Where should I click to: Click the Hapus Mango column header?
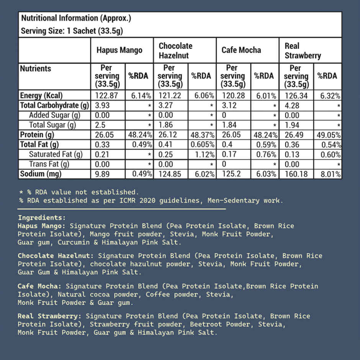click(x=119, y=50)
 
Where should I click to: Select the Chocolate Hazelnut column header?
click(x=175, y=51)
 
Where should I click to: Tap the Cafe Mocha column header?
click(x=241, y=50)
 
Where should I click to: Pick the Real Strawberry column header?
click(x=303, y=51)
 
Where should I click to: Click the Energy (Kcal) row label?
click(x=41, y=96)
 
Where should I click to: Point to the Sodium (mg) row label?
click(x=41, y=174)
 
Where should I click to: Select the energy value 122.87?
click(x=103, y=96)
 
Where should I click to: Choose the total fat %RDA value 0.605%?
click(x=203, y=145)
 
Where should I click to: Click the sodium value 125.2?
click(x=230, y=174)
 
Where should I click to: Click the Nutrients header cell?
click(x=36, y=69)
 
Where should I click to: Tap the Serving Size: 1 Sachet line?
click(x=72, y=31)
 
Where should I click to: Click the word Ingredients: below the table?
click(x=42, y=218)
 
